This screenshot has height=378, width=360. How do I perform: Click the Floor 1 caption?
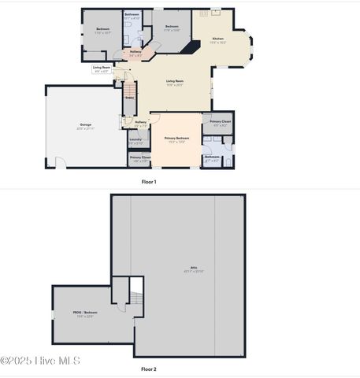149,182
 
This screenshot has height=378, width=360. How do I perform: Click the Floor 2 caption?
149,369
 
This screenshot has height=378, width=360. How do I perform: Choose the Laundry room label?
135,140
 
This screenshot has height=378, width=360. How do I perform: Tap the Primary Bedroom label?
176,139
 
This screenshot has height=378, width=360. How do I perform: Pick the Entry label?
129,98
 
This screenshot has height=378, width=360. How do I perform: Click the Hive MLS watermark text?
40,361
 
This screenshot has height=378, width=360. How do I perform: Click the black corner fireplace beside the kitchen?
188,47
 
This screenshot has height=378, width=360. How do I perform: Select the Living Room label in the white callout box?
102,69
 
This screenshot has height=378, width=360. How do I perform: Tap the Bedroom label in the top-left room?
102,31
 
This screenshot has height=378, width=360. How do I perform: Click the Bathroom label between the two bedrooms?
132,16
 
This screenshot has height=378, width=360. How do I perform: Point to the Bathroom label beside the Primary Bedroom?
212,157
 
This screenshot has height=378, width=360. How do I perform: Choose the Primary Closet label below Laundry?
139,159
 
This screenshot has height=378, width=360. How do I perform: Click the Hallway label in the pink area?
135,53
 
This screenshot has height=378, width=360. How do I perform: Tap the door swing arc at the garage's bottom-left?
60,163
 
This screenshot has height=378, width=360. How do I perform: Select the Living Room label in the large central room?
175,82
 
